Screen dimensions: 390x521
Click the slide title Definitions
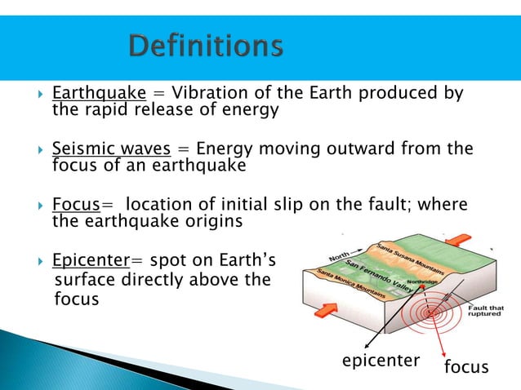(205, 45)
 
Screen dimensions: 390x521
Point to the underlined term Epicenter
(89, 261)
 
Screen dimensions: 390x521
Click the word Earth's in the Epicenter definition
(246, 261)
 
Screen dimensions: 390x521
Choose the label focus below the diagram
(465, 368)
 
